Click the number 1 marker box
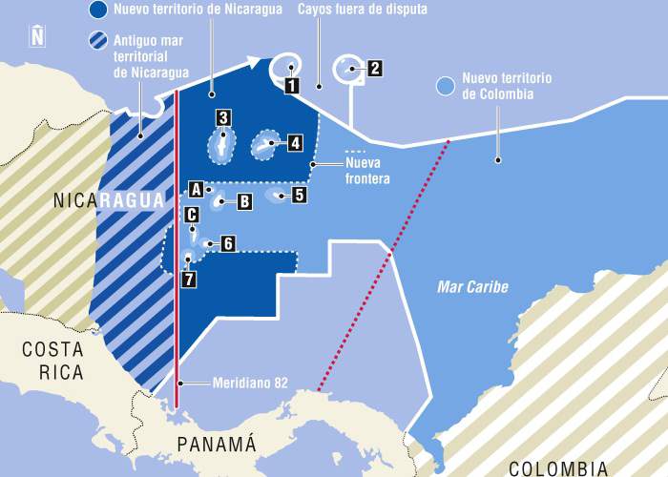290,85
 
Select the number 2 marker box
374,68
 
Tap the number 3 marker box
222,118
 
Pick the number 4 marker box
295,143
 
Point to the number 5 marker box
299,195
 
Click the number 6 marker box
228,243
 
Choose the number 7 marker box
189,280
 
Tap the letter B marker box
244,201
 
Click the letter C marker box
192,216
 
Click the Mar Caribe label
472,286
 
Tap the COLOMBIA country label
557,467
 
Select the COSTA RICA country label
53,362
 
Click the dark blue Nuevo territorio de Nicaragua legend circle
95,10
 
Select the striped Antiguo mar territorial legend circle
95,41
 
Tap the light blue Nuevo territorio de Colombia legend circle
444,86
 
